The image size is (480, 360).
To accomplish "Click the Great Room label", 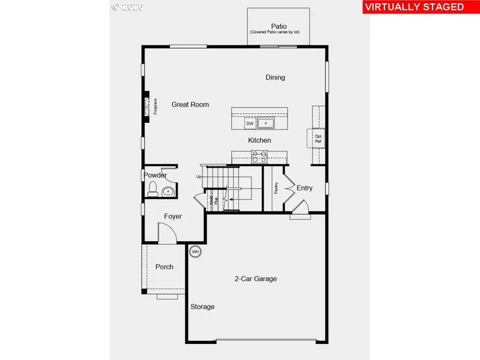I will click(x=190, y=105).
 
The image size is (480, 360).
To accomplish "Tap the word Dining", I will click(x=275, y=77).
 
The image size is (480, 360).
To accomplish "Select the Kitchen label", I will click(x=259, y=140).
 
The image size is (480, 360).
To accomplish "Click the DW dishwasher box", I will click(x=249, y=124).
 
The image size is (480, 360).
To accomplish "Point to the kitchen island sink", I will click(x=266, y=124).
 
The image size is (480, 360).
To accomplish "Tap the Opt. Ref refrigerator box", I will click(x=318, y=139).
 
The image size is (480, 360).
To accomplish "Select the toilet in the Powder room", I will click(x=153, y=188).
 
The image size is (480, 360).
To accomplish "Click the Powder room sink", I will click(x=168, y=191).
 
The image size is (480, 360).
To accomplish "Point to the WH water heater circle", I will click(x=195, y=251).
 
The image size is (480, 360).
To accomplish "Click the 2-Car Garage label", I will click(x=255, y=278).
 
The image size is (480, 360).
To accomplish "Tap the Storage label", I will click(x=203, y=307).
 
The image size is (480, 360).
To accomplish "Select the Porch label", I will click(x=164, y=267).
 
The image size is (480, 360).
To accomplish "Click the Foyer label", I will click(x=173, y=217).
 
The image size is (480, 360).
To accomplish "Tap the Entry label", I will click(x=305, y=188).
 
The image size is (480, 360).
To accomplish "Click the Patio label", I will click(x=278, y=26).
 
